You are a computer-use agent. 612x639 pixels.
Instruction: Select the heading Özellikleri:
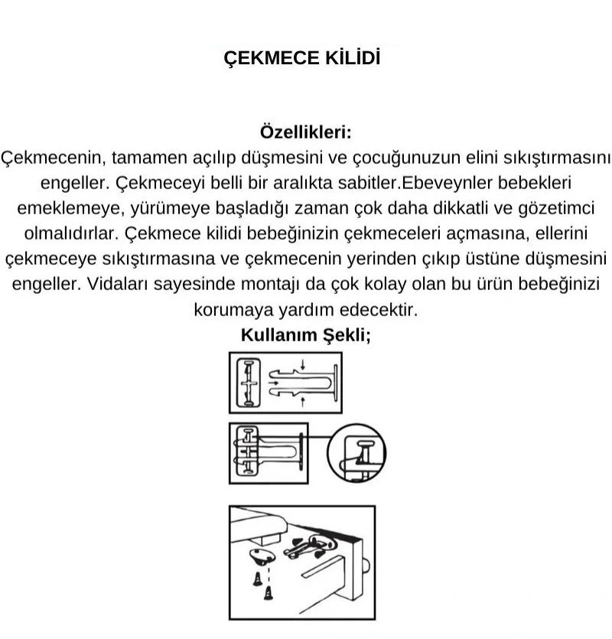[x=306, y=131]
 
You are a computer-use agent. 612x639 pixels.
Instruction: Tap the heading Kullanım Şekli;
[x=306, y=334]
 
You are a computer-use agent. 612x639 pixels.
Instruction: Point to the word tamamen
[x=146, y=157]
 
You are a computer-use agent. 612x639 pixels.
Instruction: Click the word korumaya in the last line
[x=231, y=310]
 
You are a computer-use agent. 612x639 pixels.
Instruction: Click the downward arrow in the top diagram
[x=302, y=364]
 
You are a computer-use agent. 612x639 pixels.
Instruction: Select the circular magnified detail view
[x=356, y=452]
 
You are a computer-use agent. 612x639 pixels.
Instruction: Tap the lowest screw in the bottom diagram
[x=269, y=593]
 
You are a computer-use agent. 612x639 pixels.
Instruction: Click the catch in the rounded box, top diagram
[x=249, y=381]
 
